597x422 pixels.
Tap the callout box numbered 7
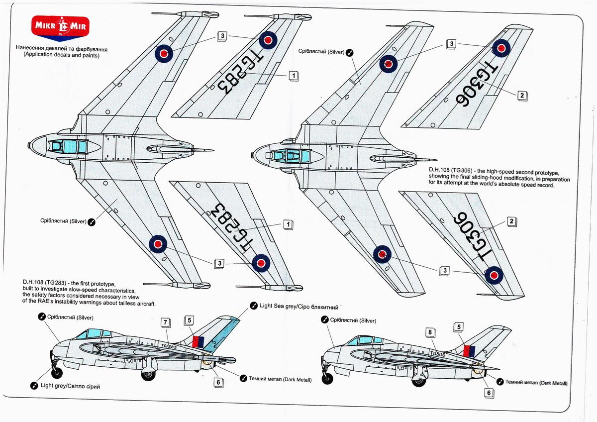(x=165, y=322)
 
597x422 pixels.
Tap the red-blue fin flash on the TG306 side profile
(x=469, y=350)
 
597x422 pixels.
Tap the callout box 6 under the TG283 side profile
(x=217, y=383)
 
